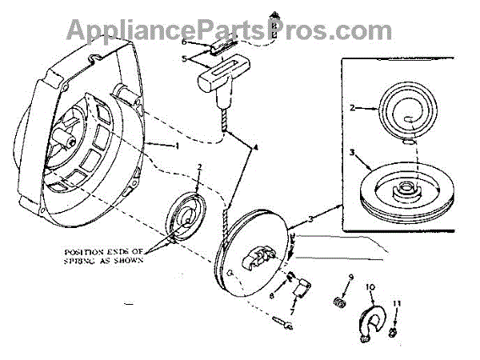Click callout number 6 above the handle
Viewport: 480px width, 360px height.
(x=183, y=41)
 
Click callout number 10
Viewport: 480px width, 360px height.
(x=370, y=286)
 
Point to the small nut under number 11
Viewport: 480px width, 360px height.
(x=395, y=330)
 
